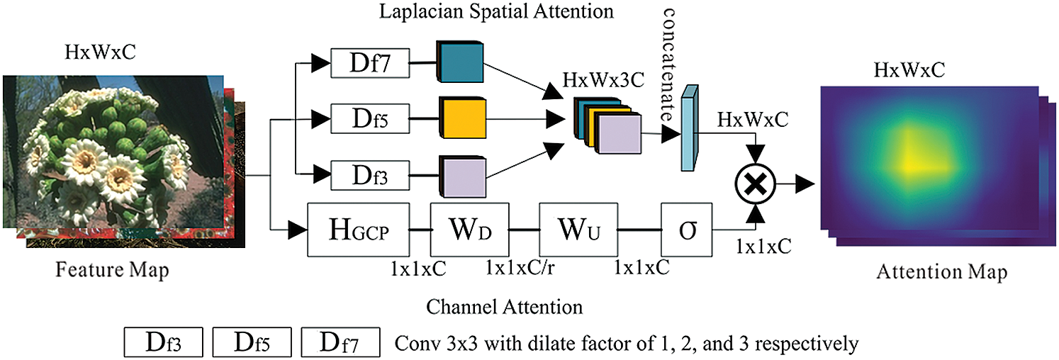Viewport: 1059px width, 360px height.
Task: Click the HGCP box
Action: [359, 230]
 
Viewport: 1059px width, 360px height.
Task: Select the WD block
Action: [469, 230]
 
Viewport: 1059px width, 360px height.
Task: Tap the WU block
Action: [578, 230]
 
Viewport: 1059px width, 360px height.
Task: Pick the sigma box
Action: [686, 230]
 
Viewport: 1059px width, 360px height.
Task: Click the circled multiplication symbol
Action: [756, 185]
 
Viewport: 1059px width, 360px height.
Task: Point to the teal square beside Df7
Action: [460, 62]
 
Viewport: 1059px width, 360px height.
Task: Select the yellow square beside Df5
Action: [462, 118]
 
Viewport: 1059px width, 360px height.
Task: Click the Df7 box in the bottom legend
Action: [340, 342]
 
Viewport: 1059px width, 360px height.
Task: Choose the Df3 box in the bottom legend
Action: [164, 342]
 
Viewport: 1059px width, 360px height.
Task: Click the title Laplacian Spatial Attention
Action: [496, 11]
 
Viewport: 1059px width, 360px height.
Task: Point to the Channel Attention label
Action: [505, 307]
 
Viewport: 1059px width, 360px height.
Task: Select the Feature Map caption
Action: [112, 270]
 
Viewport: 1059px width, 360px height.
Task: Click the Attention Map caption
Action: [942, 272]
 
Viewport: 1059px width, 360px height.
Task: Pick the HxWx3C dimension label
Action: [603, 80]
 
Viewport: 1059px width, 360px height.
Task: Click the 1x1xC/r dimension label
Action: [520, 268]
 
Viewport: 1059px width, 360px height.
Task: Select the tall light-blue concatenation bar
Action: [689, 128]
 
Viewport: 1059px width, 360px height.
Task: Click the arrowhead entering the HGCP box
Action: [298, 230]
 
